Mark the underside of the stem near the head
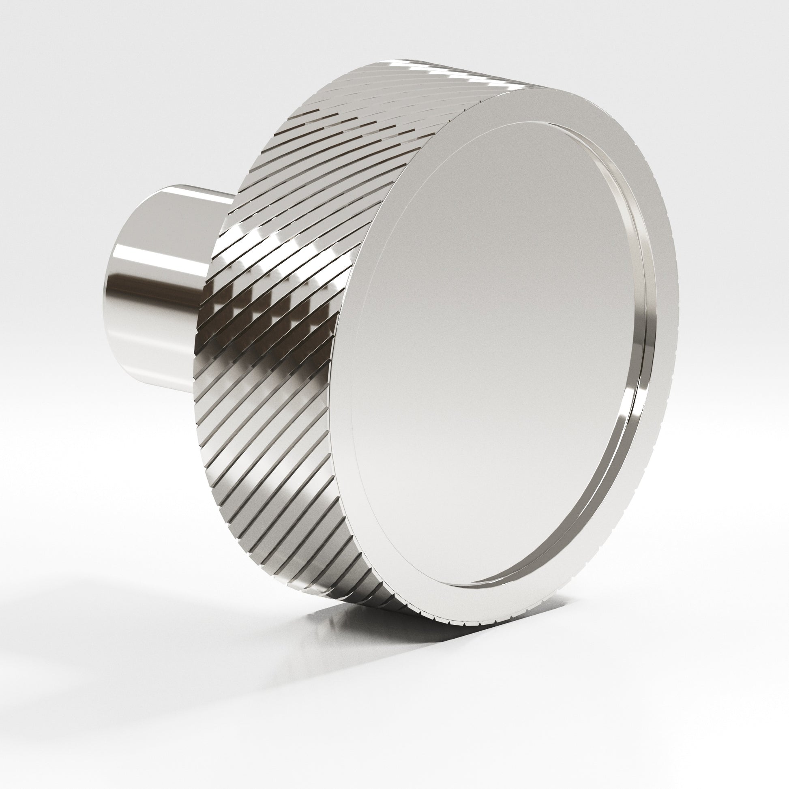(180, 359)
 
